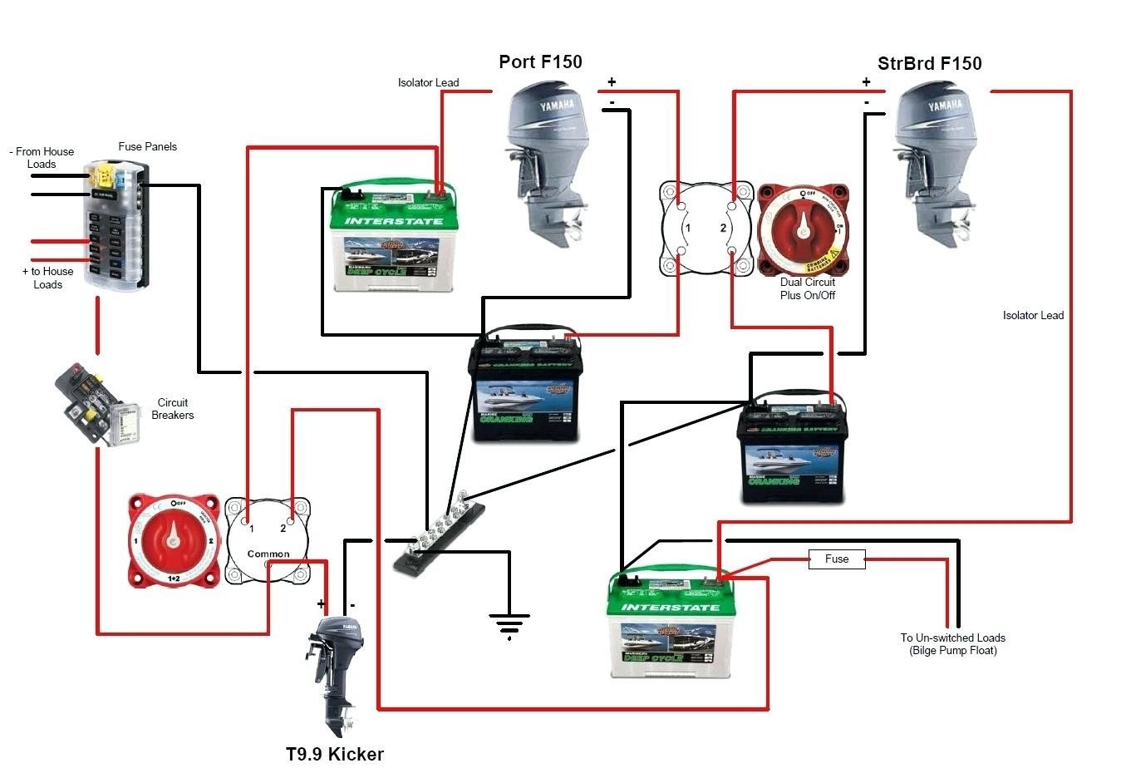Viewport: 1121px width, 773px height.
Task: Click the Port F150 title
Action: [x=540, y=62]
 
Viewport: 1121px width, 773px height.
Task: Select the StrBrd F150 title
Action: [x=929, y=64]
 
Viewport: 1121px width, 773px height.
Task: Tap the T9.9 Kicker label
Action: [x=334, y=754]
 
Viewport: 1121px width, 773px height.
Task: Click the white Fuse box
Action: [x=837, y=559]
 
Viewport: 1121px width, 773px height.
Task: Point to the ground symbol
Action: [x=509, y=623]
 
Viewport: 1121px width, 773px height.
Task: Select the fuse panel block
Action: [x=117, y=225]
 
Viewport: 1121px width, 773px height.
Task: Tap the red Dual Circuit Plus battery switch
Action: [x=802, y=230]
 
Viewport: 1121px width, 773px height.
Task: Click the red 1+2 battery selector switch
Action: [x=173, y=541]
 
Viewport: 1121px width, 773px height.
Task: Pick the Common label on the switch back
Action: [x=268, y=554]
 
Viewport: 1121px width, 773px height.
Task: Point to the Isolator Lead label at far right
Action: [x=1032, y=315]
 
